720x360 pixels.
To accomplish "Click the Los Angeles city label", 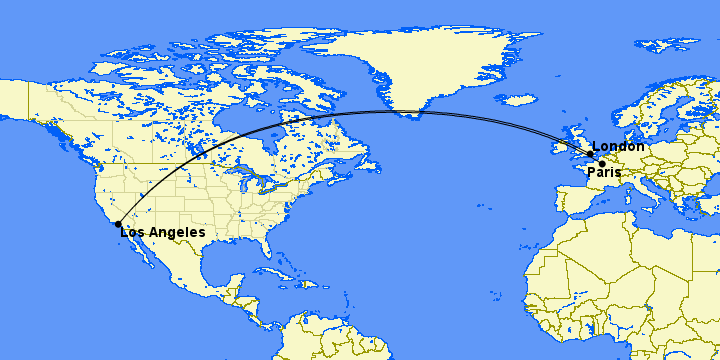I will pyautogui.click(x=163, y=233).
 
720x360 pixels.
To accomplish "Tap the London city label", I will pyautogui.click(x=618, y=147).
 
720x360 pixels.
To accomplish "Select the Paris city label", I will pyautogui.click(x=604, y=173).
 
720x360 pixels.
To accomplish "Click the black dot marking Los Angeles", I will pyautogui.click(x=118, y=224).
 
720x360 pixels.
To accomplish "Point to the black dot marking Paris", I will pyautogui.click(x=602, y=163).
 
